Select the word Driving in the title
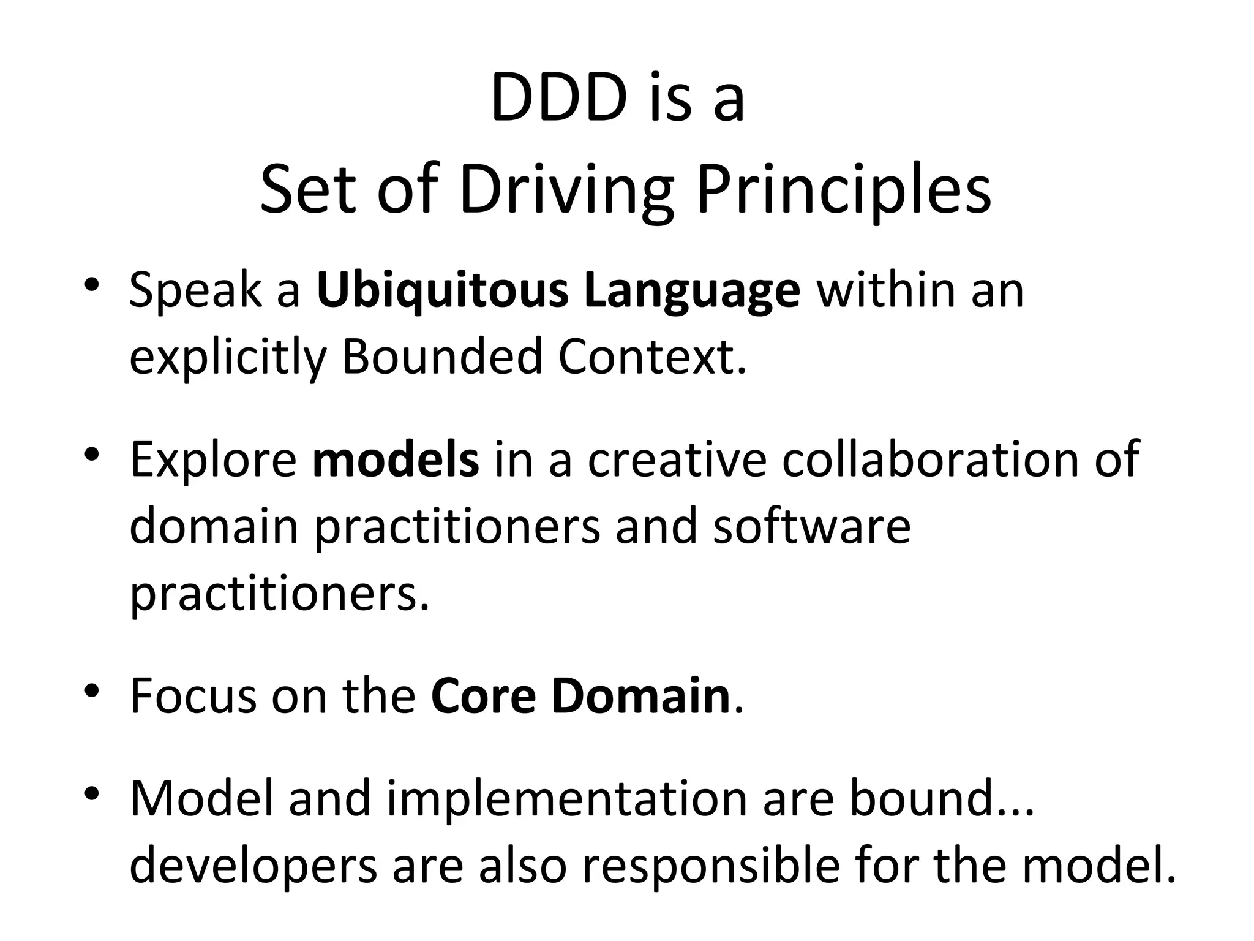click(x=566, y=191)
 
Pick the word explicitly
click(x=227, y=358)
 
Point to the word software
click(x=811, y=527)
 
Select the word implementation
click(x=567, y=799)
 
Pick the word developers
click(x=253, y=867)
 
